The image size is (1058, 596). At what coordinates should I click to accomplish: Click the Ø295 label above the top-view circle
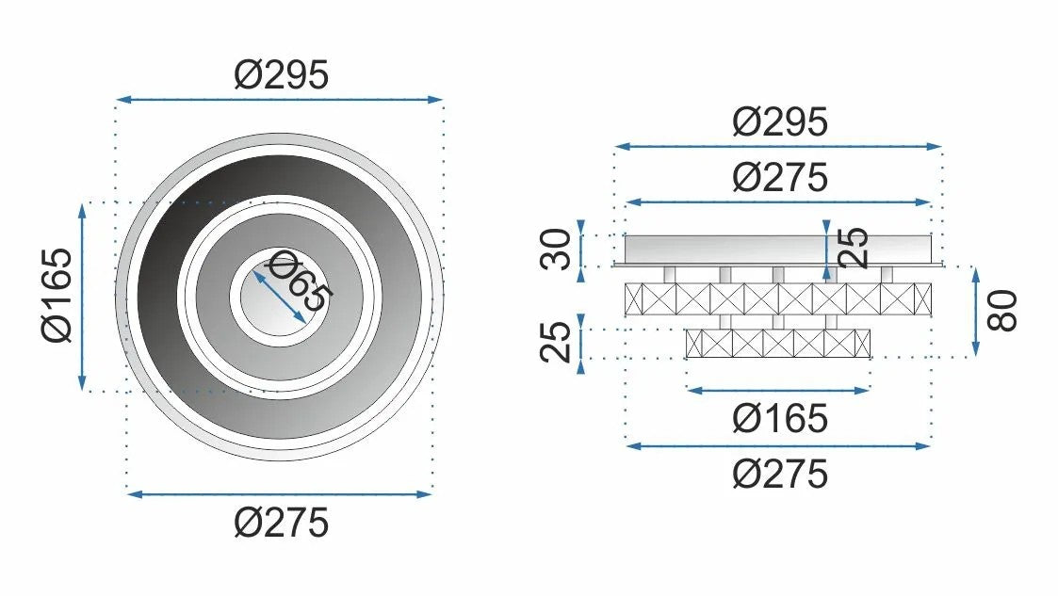pyautogui.click(x=282, y=74)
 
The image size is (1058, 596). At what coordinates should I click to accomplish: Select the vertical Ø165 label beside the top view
pyautogui.click(x=57, y=296)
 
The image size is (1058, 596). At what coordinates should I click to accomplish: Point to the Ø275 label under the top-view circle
pyautogui.click(x=282, y=524)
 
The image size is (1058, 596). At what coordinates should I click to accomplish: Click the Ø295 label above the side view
pyautogui.click(x=780, y=122)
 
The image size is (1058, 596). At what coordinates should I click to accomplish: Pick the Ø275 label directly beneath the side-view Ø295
pyautogui.click(x=780, y=178)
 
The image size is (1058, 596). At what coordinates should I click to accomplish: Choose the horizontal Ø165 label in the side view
pyautogui.click(x=780, y=419)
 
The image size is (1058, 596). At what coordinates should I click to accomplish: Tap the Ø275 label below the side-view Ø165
pyautogui.click(x=780, y=475)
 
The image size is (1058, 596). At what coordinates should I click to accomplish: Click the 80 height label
pyautogui.click(x=1002, y=311)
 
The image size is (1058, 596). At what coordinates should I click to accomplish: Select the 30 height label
pyautogui.click(x=557, y=250)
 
